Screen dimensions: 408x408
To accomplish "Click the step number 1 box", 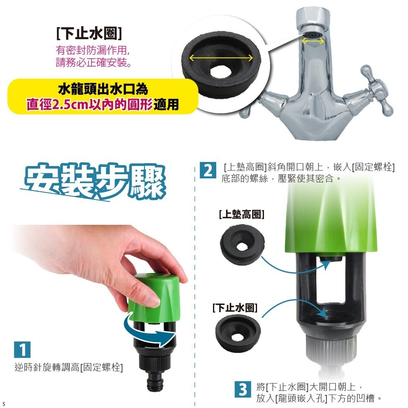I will [x=22, y=350].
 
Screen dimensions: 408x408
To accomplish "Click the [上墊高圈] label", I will [x=241, y=214].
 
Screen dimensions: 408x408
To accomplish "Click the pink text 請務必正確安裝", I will [x=93, y=63].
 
